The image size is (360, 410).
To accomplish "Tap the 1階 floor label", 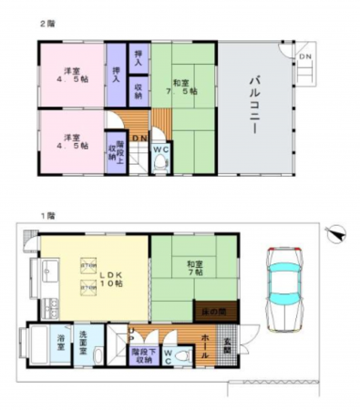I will click(x=46, y=216).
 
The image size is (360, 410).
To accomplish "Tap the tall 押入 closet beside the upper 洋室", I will click(x=116, y=76).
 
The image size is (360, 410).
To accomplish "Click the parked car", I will click(x=285, y=281).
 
